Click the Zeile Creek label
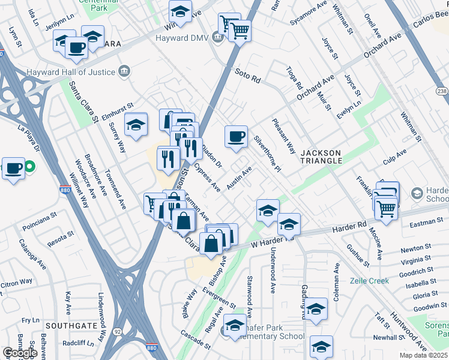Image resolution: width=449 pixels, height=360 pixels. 369,281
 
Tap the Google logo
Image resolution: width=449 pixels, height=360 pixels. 20,353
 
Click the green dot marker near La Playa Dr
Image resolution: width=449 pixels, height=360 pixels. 30,167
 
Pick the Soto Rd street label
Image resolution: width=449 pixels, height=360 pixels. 247,78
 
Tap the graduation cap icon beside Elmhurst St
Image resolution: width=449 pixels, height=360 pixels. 136,124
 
